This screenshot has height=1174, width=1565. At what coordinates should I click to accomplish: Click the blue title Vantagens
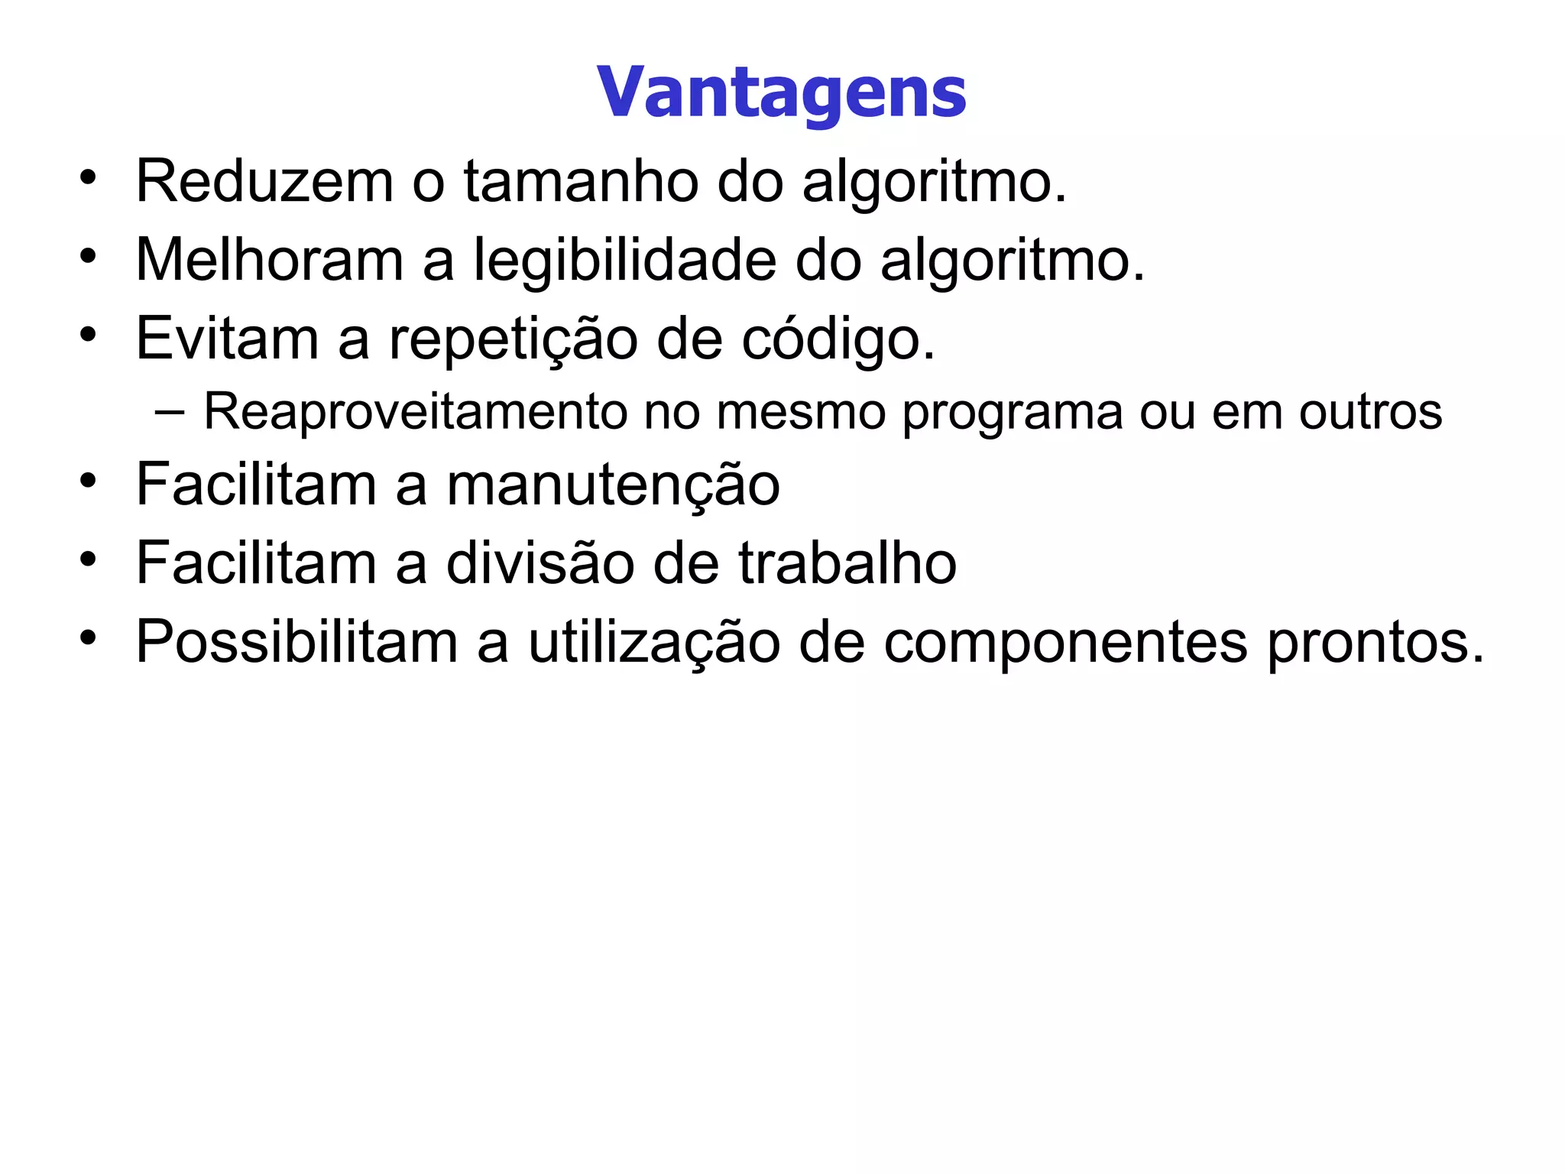coord(781,93)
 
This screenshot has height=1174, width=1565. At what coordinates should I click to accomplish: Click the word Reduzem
coord(264,182)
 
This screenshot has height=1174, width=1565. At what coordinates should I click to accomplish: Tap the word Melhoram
coord(270,261)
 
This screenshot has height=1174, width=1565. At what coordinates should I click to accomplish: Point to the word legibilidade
coord(625,261)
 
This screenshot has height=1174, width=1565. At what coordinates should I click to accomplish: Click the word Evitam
coord(227,339)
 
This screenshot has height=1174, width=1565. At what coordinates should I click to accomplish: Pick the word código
coord(838,339)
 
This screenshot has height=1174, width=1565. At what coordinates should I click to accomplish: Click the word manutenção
coord(613,485)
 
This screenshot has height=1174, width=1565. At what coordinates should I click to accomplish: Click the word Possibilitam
coord(296,642)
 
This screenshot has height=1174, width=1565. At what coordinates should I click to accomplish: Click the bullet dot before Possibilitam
coord(89,637)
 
